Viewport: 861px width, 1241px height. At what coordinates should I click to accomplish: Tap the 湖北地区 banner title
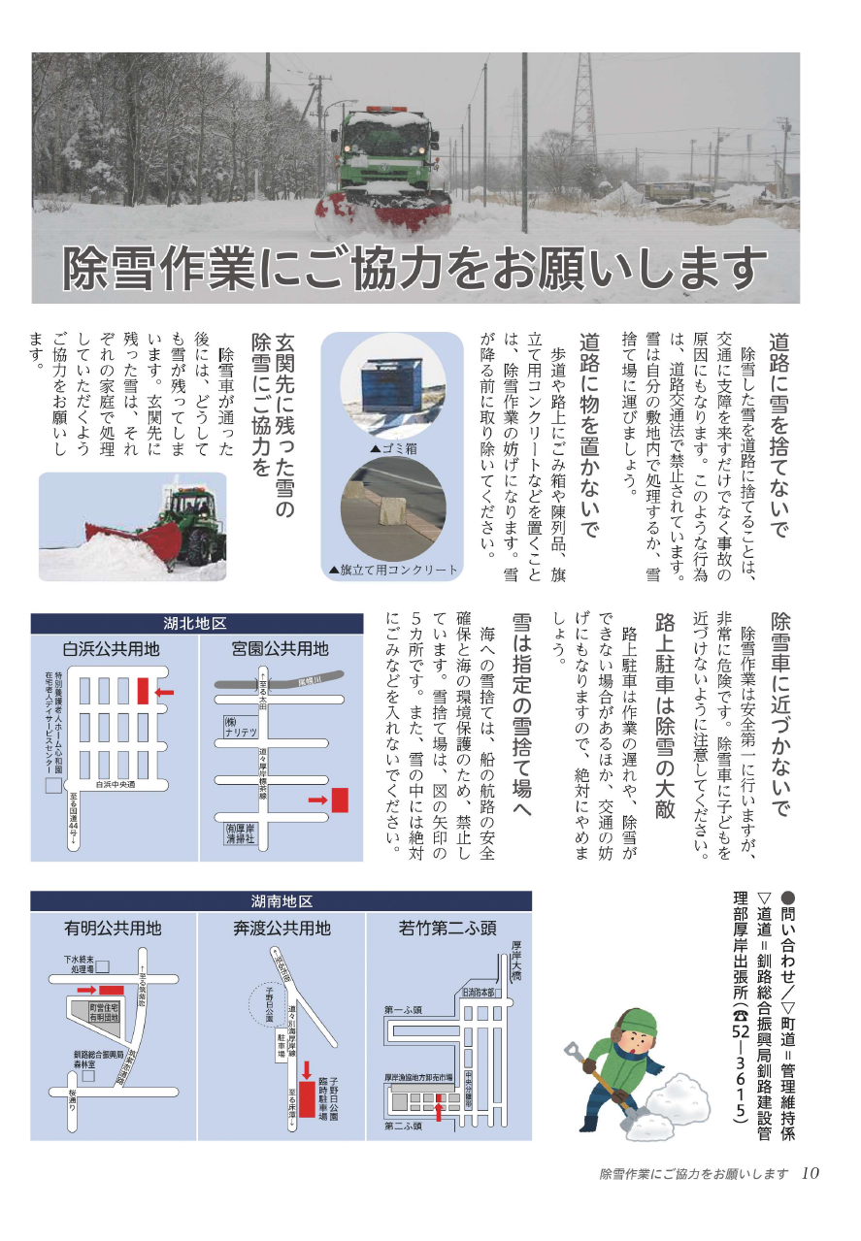(x=195, y=623)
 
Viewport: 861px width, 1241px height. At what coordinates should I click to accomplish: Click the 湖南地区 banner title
(x=281, y=900)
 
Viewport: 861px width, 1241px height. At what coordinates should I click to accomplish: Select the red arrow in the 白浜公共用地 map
(x=164, y=692)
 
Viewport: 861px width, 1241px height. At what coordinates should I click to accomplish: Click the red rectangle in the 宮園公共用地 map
(x=340, y=800)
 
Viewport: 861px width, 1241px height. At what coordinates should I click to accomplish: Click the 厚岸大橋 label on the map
(x=516, y=961)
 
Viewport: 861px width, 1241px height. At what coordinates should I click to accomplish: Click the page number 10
(x=811, y=1173)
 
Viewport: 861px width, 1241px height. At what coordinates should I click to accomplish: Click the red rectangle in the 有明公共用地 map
(x=112, y=989)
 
